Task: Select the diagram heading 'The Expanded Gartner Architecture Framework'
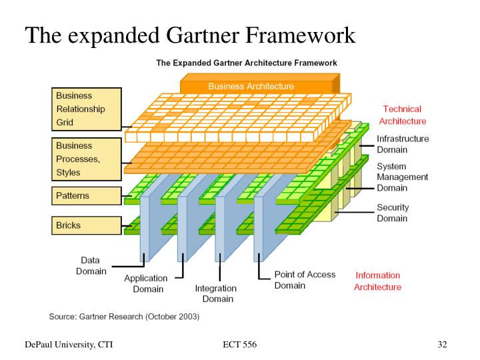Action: [246, 63]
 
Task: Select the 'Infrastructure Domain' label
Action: [403, 145]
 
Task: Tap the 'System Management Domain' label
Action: [403, 177]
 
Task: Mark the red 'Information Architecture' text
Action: [377, 281]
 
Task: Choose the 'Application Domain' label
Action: [145, 283]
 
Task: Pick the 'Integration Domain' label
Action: [215, 293]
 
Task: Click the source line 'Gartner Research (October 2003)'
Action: [124, 315]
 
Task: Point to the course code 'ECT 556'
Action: [239, 344]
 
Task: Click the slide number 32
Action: [442, 344]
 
